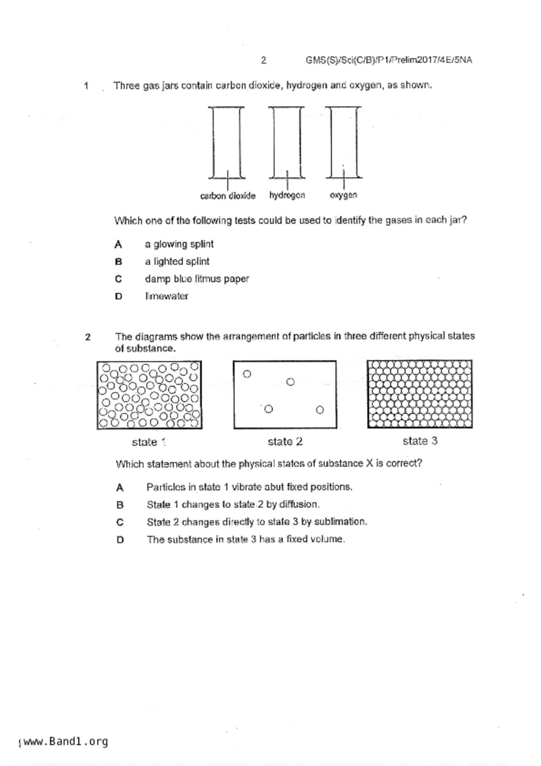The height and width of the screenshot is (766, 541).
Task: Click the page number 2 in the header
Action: pos(263,60)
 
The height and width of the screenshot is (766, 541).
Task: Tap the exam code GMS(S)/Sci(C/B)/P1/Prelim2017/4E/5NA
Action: pos(389,60)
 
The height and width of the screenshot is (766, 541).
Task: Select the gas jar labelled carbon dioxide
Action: pos(226,142)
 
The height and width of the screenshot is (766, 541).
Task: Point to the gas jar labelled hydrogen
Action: pos(286,142)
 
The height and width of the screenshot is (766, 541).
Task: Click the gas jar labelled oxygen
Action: pos(344,142)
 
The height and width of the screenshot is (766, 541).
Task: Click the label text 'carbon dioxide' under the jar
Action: pos(227,196)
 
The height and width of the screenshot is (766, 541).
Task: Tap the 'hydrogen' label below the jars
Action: pos(287,195)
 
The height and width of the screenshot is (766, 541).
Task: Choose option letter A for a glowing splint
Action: pos(118,245)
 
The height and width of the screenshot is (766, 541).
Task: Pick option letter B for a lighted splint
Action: pos(118,262)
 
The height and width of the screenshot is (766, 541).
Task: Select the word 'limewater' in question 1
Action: pos(166,296)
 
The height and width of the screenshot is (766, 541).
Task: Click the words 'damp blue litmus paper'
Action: pos(196,279)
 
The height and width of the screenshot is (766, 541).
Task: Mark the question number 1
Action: pos(86,86)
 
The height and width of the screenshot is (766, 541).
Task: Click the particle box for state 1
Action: pos(149,395)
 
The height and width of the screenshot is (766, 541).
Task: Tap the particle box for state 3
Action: pos(420,394)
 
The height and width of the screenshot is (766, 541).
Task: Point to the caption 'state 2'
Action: pos(285,442)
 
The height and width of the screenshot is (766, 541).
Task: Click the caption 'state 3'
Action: pos(420,441)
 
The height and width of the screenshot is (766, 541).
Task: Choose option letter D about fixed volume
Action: pos(120,540)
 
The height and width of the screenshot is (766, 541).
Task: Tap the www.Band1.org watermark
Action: pos(65,742)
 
